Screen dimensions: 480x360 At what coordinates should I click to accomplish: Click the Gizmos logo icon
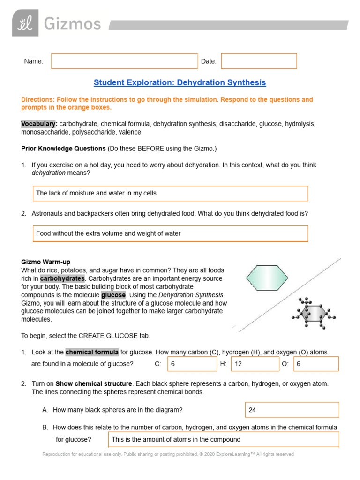click(25, 23)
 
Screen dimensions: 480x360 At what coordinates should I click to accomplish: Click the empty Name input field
click(124, 61)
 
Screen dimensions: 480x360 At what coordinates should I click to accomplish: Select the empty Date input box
click(259, 61)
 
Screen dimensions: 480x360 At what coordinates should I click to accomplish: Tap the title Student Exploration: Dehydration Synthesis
click(180, 82)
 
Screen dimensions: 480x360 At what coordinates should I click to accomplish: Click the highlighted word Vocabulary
click(39, 124)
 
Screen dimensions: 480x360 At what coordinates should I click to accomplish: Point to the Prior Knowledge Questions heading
click(63, 149)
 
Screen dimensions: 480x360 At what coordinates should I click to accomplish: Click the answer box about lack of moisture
click(170, 193)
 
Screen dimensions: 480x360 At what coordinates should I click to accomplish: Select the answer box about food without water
click(170, 233)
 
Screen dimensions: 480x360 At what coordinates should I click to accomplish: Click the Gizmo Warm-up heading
click(46, 262)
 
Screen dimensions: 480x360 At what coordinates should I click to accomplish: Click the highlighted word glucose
click(113, 295)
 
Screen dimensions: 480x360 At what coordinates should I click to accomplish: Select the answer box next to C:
click(192, 364)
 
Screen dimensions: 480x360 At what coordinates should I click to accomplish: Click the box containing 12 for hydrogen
click(255, 364)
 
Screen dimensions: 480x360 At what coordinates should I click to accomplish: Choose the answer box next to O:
click(316, 364)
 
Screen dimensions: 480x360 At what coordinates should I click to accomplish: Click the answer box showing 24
click(292, 410)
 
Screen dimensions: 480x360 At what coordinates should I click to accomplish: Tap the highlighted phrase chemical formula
click(92, 352)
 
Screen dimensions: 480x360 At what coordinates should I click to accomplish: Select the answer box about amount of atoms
click(224, 439)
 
